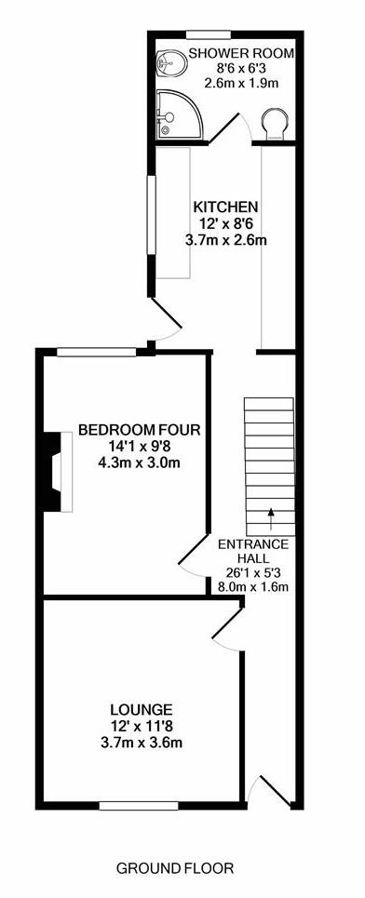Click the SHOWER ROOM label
pos(242,54)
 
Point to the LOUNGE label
pos(142,710)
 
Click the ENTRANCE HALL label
pos(253,550)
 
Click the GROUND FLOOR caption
pos(175,868)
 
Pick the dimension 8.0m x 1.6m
pos(252,586)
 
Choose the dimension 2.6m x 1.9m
pos(241,84)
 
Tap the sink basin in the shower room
pos(171,61)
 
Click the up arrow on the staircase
pos(270,517)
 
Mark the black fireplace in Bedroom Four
pos(53,472)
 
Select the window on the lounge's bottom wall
pos(139,806)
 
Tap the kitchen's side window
pos(151,214)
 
